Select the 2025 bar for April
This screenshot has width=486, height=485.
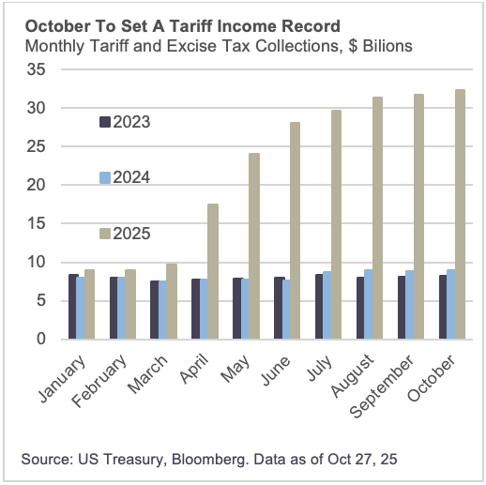tap(213, 271)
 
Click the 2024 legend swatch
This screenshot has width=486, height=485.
tap(105, 177)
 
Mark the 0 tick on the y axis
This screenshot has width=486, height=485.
tap(42, 340)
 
